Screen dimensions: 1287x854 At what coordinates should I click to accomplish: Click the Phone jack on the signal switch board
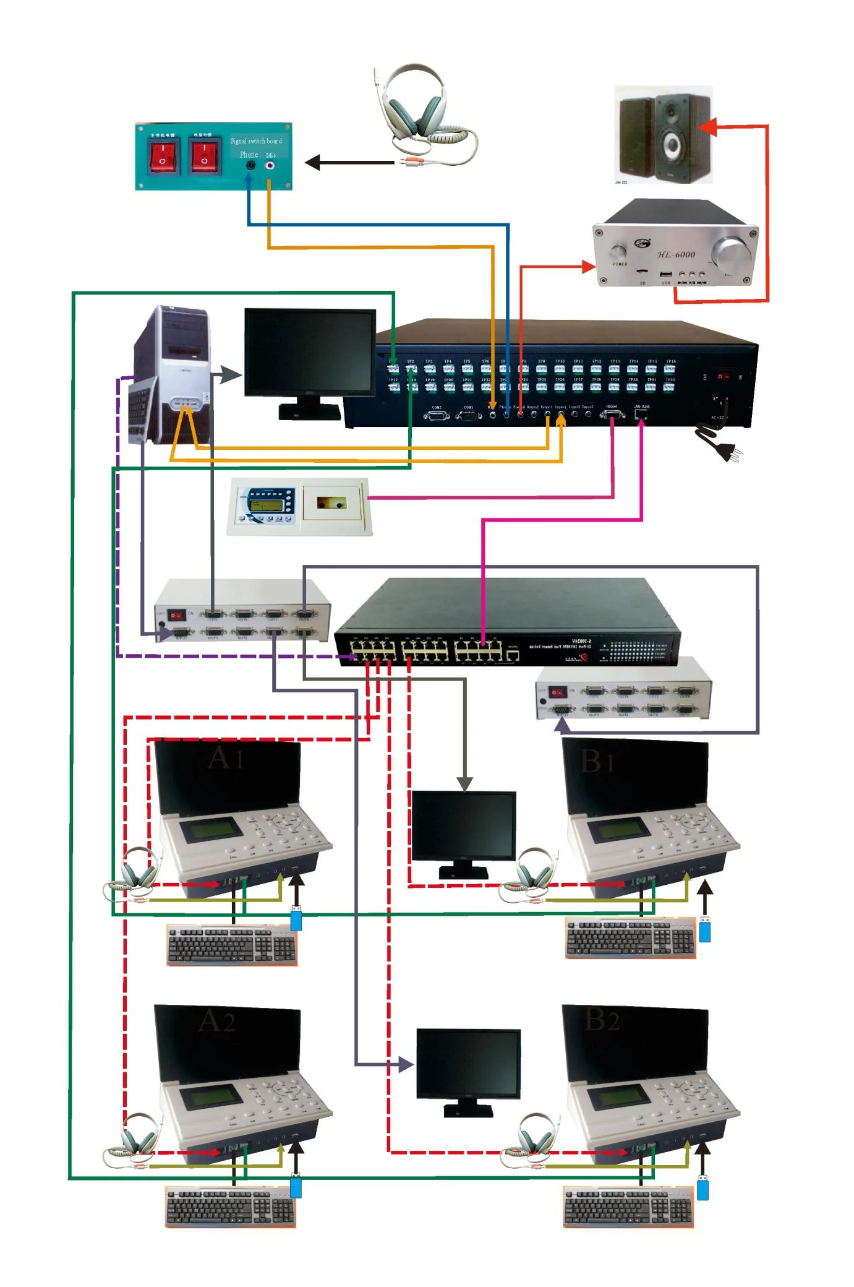click(x=250, y=166)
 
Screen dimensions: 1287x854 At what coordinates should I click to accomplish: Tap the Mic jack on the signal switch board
click(x=270, y=166)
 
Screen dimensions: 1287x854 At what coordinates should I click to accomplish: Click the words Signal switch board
click(x=255, y=141)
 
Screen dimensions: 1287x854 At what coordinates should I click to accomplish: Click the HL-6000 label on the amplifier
click(x=676, y=254)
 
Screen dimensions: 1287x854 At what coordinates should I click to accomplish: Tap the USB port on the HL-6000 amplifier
click(x=665, y=274)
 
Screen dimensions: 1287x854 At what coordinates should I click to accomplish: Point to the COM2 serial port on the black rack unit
click(x=437, y=415)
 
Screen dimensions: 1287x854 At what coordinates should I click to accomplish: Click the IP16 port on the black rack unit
click(x=670, y=369)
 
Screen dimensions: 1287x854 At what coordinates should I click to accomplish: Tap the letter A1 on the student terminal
click(x=225, y=757)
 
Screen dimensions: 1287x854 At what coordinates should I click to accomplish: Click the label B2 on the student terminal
click(x=601, y=1020)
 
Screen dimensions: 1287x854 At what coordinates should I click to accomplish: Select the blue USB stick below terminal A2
click(x=296, y=1186)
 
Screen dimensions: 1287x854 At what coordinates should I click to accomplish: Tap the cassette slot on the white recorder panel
click(x=331, y=502)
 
